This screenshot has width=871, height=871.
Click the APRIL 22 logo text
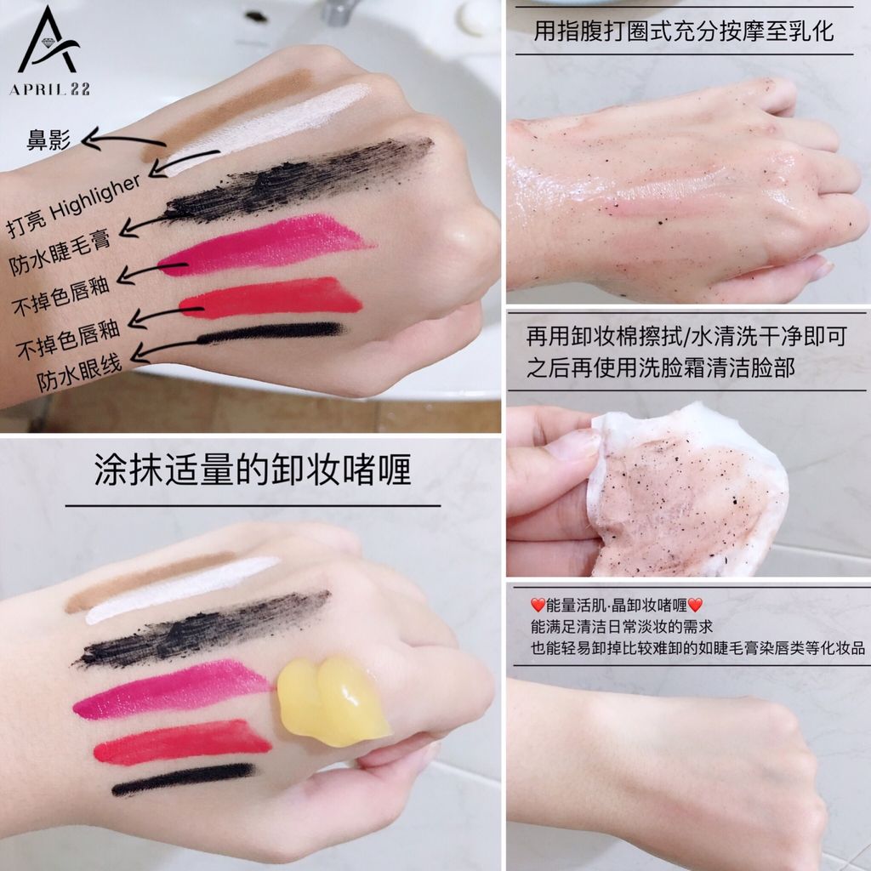tap(49, 88)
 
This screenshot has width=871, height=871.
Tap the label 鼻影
tap(49, 139)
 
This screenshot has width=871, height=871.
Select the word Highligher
tap(94, 197)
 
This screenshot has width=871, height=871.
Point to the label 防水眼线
tap(79, 373)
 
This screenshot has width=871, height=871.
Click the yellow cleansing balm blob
tap(333, 701)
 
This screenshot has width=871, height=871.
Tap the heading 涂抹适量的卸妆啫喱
tap(253, 470)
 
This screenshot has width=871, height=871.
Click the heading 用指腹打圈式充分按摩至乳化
tap(684, 31)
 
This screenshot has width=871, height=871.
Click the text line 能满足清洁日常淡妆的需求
tap(622, 627)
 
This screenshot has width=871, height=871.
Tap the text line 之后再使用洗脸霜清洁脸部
tap(660, 367)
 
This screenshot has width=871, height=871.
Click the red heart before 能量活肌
tap(538, 605)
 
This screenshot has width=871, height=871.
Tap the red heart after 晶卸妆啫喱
tap(695, 605)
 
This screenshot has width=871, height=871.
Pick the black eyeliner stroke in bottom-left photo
tap(184, 778)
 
